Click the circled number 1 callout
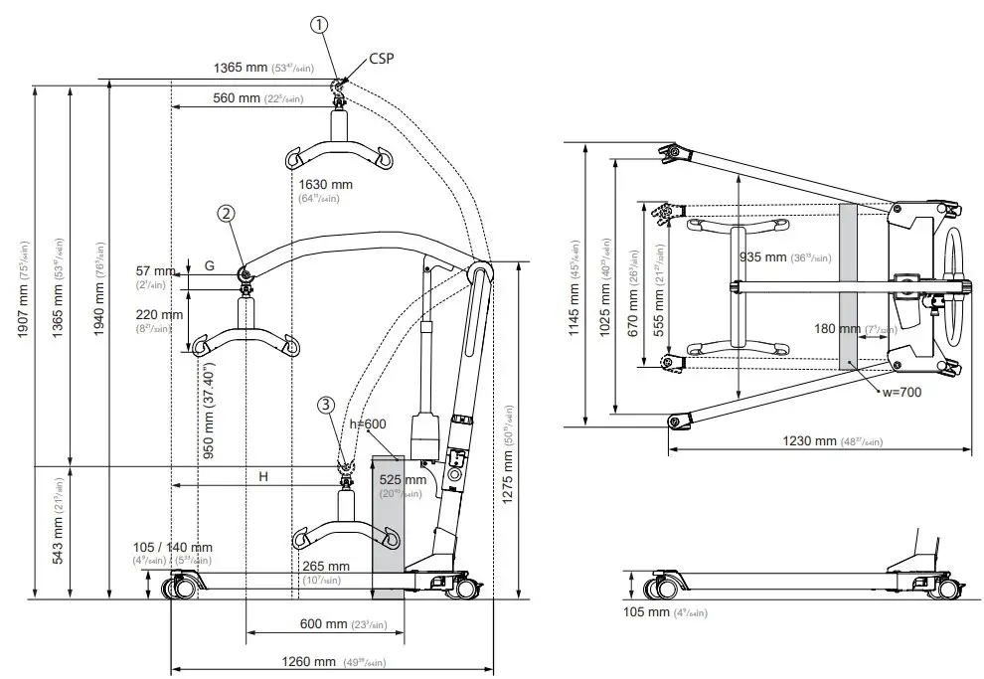[x=317, y=26]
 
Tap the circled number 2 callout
[x=227, y=213]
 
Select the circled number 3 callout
[x=326, y=404]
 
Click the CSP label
[x=382, y=59]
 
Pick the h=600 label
[x=369, y=424]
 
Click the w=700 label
[x=902, y=392]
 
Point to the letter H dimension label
[x=263, y=477]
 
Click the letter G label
[x=209, y=265]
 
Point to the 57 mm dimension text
[x=156, y=270]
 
